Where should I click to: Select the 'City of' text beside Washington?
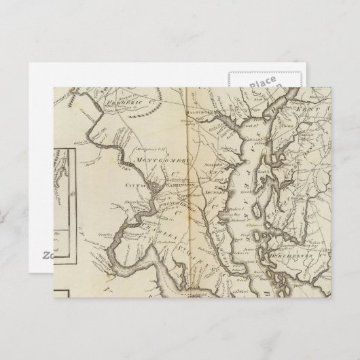(x=145, y=185)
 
